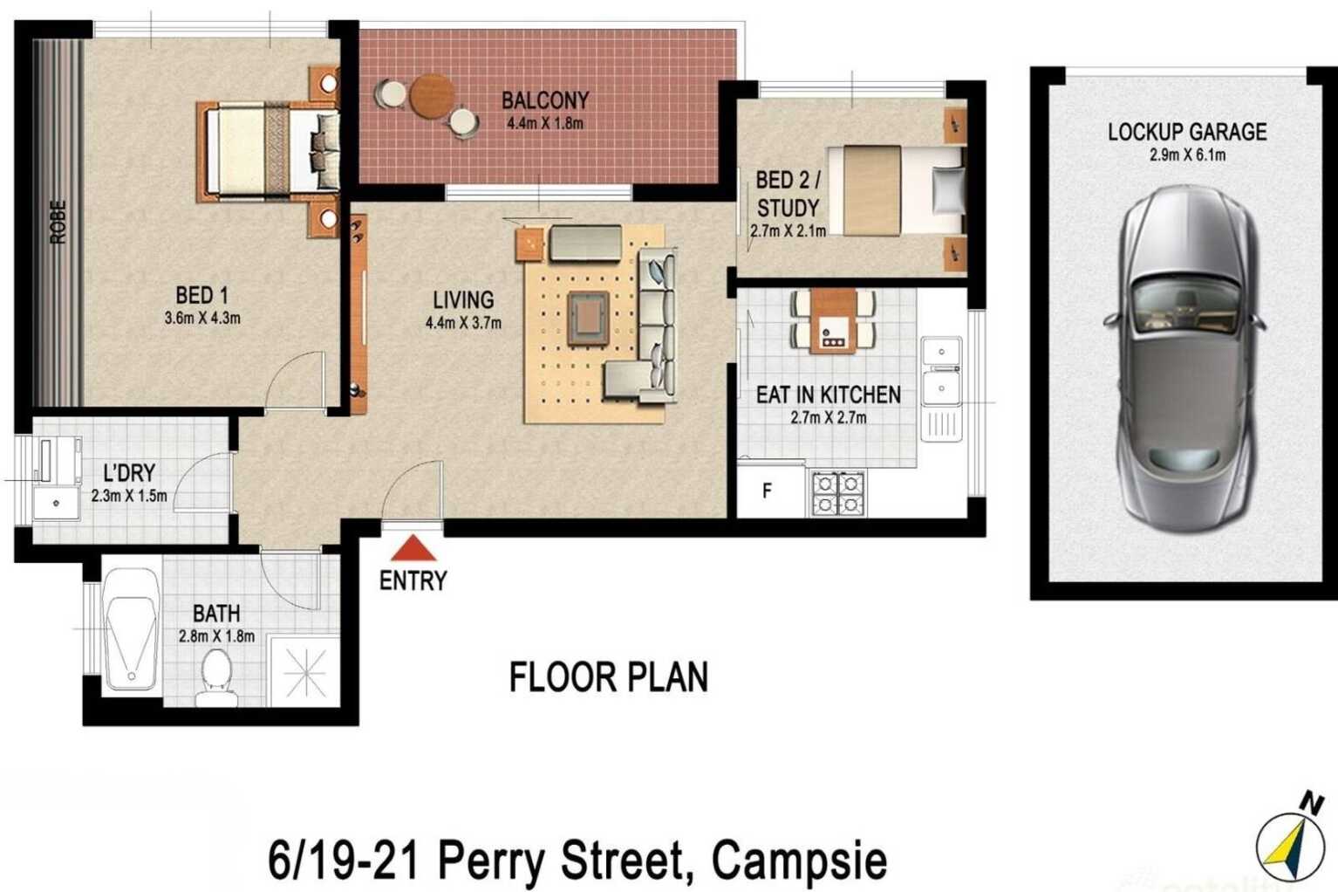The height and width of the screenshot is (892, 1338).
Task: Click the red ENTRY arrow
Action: pyautogui.click(x=413, y=549)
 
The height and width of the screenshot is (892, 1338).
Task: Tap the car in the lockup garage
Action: pyautogui.click(x=1184, y=358)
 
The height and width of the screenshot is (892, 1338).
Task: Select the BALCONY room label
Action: pyautogui.click(x=545, y=99)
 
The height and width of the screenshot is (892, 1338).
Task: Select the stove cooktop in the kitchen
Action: pyautogui.click(x=837, y=493)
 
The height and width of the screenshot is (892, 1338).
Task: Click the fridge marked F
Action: pyautogui.click(x=768, y=491)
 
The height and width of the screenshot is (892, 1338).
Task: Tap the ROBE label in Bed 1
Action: pyautogui.click(x=58, y=222)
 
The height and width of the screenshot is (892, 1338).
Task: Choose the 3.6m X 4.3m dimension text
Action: pyautogui.click(x=202, y=319)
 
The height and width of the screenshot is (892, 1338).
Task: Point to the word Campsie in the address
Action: pyautogui.click(x=799, y=861)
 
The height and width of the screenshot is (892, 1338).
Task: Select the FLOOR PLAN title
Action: pyautogui.click(x=608, y=677)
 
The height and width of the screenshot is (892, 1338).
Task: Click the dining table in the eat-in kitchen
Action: pyautogui.click(x=833, y=321)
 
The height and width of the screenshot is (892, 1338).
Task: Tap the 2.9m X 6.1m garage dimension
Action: pyautogui.click(x=1186, y=155)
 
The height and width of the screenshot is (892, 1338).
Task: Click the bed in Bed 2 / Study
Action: pyautogui.click(x=898, y=189)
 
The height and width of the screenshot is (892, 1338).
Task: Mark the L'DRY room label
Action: pyautogui.click(x=129, y=473)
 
